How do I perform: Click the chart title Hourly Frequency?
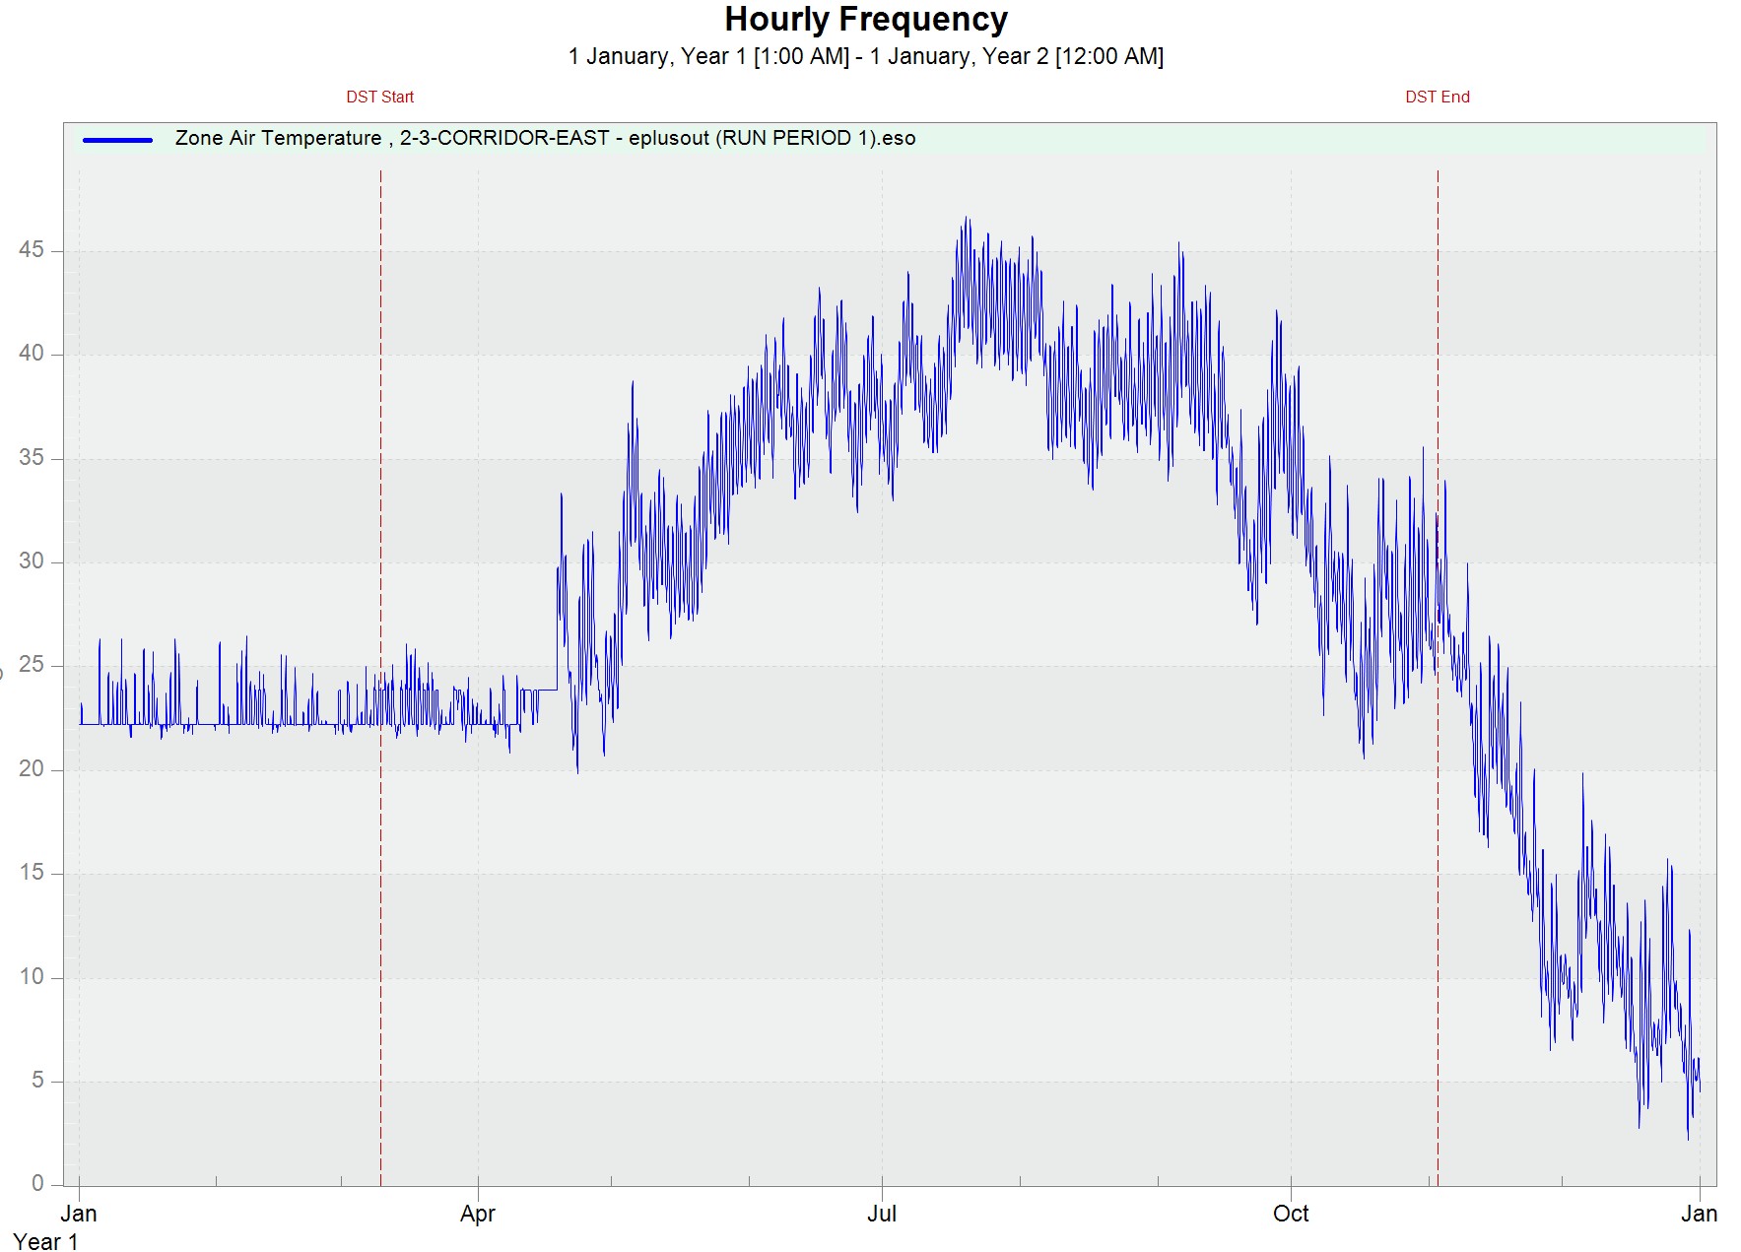coord(866,20)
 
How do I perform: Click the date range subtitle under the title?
coord(866,57)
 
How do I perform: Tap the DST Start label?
coord(379,97)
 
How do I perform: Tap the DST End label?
coord(1437,97)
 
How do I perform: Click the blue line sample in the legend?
coord(118,140)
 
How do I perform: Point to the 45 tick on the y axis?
coord(32,250)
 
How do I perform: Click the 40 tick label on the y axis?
coord(32,354)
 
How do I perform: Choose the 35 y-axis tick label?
coord(32,458)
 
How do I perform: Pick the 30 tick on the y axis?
coord(32,561)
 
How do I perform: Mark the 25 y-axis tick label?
coord(32,665)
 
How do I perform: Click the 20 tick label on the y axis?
coord(32,769)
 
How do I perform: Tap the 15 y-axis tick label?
coord(32,873)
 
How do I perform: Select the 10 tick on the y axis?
coord(32,977)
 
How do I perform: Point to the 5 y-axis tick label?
coord(37,1081)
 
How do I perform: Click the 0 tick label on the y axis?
coord(37,1184)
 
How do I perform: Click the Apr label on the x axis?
coord(478,1214)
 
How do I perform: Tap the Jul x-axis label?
coord(882,1214)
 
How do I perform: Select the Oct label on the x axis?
coord(1291,1214)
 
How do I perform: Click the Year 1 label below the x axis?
coord(45,1242)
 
